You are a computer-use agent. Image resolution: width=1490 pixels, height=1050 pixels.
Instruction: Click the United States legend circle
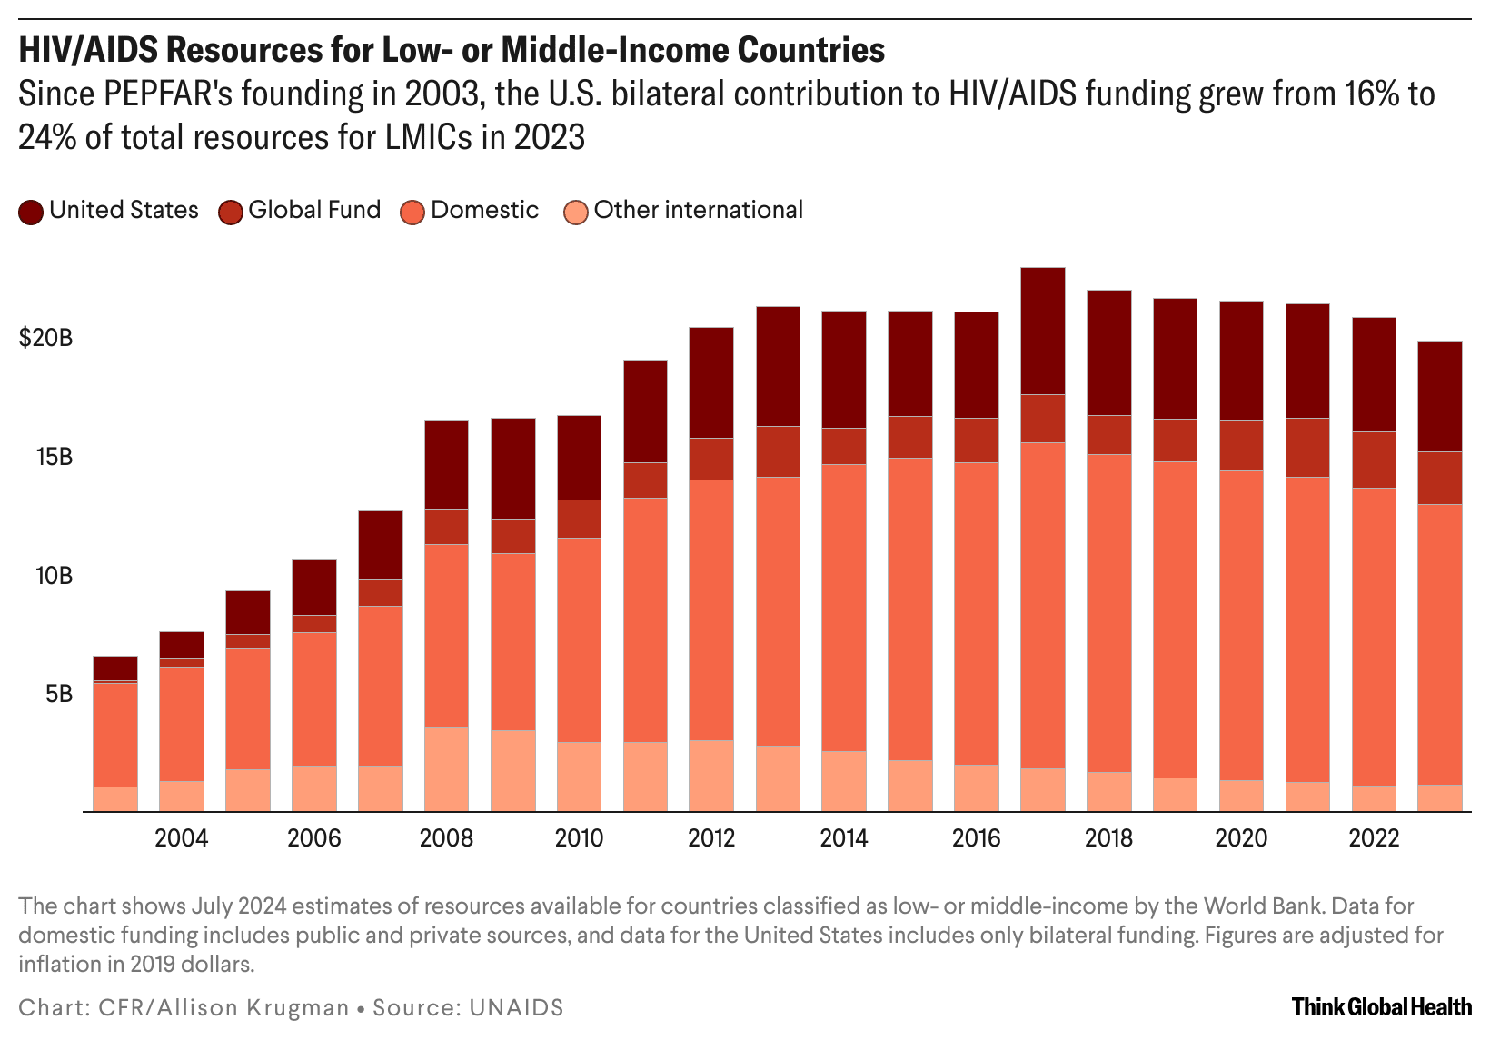click(31, 213)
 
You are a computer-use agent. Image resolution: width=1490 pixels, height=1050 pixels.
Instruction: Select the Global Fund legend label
click(314, 210)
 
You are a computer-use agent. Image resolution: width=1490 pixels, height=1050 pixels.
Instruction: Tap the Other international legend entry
click(698, 210)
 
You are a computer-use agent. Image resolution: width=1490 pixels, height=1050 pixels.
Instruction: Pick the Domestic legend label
click(484, 210)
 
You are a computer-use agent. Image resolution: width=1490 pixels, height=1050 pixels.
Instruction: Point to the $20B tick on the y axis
click(45, 339)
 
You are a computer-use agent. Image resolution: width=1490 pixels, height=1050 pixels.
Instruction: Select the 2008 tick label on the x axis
click(446, 837)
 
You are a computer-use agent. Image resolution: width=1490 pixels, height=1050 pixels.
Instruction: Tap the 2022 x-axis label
click(1374, 837)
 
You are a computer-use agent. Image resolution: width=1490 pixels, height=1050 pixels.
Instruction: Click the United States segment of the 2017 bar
click(1043, 332)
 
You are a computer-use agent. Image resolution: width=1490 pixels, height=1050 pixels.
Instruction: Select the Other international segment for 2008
click(446, 768)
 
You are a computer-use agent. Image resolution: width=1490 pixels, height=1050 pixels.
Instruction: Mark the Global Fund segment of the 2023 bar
click(1440, 478)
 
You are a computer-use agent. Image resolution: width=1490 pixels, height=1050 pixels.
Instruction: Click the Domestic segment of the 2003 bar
click(115, 734)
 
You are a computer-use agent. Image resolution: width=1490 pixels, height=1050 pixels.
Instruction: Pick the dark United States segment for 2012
click(711, 382)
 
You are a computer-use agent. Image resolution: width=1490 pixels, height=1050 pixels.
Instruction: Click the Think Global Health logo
click(1381, 1006)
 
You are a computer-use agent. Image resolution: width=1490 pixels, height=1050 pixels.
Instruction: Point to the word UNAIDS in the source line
click(516, 1007)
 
